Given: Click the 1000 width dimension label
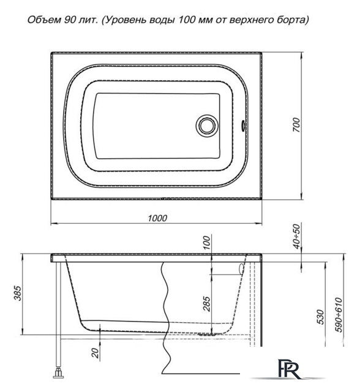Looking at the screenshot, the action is coord(157,218).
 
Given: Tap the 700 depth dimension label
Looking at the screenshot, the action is coord(296,125).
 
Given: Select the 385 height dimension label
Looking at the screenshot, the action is coord(18,293).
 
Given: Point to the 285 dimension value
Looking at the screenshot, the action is coord(207,304).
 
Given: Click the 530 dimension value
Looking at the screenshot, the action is coord(320,317).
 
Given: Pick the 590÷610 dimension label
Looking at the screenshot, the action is coord(339,314).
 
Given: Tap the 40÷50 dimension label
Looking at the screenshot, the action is coord(296,236).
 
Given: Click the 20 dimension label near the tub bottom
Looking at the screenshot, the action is coord(95,353).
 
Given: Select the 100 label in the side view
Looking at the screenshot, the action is coord(207,243).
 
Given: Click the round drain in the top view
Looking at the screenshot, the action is coord(207,126).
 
